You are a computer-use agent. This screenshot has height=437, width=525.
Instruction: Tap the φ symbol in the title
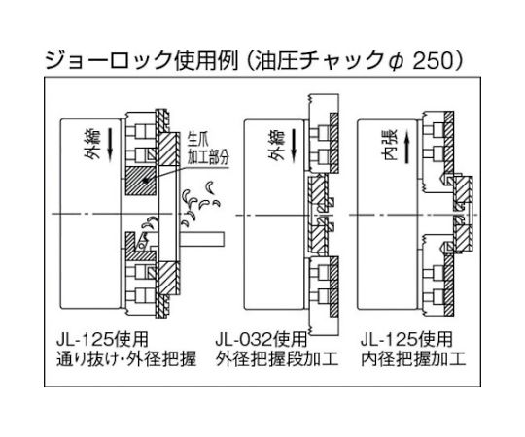398,62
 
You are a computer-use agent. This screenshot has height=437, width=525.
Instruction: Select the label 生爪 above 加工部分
198,141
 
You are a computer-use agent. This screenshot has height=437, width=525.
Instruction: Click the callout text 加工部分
207,156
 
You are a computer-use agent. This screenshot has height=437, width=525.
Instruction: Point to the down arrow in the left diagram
111,146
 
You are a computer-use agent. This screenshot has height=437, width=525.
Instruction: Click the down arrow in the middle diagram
294,146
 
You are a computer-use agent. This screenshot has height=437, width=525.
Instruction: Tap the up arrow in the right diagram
406,146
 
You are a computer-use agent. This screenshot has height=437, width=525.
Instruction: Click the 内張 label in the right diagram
390,146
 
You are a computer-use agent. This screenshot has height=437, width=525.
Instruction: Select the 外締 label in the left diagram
92,146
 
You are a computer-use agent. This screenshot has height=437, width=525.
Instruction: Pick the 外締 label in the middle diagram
276,146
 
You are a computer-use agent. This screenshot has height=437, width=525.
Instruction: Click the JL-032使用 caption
261,340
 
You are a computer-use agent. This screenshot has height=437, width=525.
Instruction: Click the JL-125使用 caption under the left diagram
102,340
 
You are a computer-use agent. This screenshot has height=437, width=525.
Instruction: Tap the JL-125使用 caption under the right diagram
406,340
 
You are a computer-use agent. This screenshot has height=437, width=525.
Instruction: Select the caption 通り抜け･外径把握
126,360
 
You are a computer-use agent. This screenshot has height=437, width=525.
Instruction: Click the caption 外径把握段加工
277,360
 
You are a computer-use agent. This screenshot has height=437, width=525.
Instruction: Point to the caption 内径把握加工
413,360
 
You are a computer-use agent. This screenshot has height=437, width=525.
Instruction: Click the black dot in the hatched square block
145,181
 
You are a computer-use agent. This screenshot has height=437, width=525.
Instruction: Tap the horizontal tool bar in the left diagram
202,240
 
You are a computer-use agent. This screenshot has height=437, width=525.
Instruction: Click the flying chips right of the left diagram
200,203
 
